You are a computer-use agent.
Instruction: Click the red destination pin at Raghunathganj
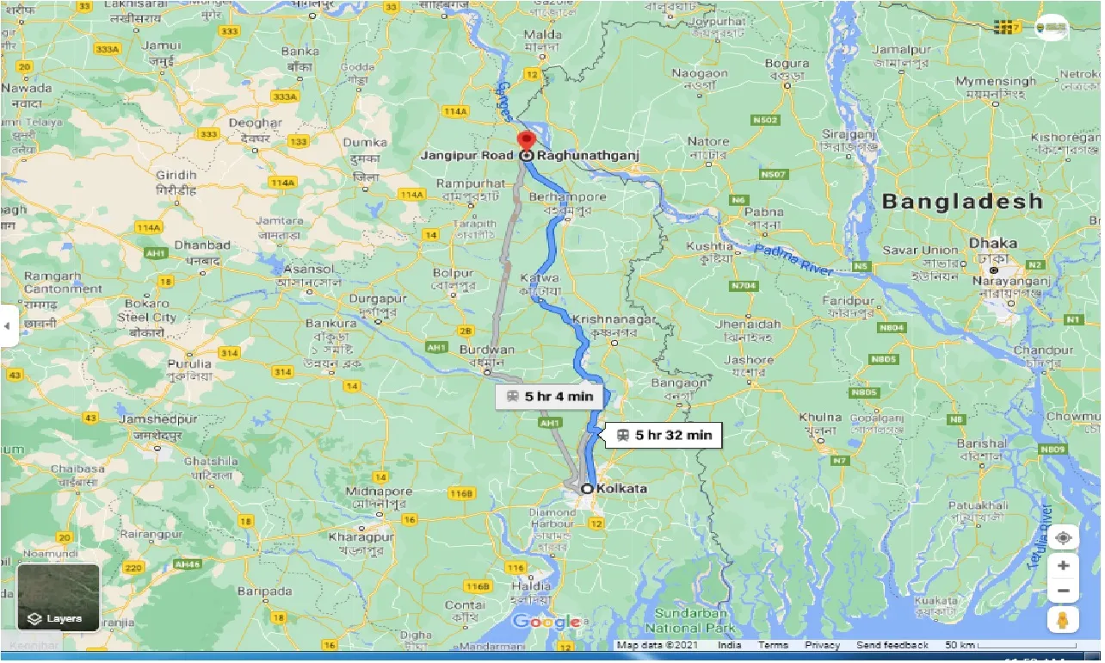pyautogui.click(x=525, y=140)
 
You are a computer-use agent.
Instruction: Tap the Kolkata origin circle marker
pyautogui.click(x=587, y=489)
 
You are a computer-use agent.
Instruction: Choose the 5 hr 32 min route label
pyautogui.click(x=664, y=436)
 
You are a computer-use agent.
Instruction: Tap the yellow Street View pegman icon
pyautogui.click(x=1063, y=619)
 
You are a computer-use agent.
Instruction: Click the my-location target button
pyautogui.click(x=1063, y=537)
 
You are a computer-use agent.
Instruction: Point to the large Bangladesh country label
pyautogui.click(x=961, y=201)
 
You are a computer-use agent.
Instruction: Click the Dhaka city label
pyautogui.click(x=992, y=244)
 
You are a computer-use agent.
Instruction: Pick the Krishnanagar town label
pyautogui.click(x=614, y=319)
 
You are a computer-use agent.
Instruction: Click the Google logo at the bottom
pyautogui.click(x=546, y=623)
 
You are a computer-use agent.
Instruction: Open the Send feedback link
pyautogui.click(x=892, y=645)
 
